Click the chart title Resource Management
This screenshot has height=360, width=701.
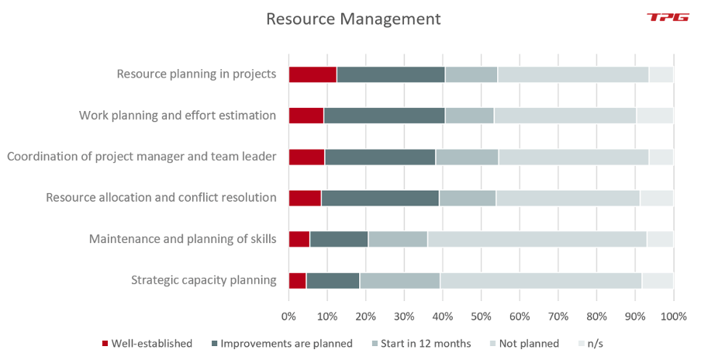coord(353,19)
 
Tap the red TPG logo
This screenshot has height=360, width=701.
coord(668,17)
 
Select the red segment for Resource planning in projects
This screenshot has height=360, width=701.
coord(313,74)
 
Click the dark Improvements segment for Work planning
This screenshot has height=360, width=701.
coord(384,116)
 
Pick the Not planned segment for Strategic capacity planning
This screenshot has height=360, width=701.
coord(540,280)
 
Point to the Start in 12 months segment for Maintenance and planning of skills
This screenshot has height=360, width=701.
coord(398,239)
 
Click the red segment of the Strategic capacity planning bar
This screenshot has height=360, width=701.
coord(297,280)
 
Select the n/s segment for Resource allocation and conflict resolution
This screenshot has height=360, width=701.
coord(656,198)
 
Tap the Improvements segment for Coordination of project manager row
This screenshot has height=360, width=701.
coord(380,157)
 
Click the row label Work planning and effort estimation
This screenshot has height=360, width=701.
coord(178,116)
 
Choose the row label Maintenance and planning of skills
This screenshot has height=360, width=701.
coord(183,239)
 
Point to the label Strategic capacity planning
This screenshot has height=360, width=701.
coord(204,280)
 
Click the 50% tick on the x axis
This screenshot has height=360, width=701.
coord(481,317)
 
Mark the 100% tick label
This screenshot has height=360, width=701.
coord(672,317)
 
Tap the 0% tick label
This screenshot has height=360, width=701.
coord(288,317)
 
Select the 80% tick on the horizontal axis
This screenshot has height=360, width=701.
coord(596,317)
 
